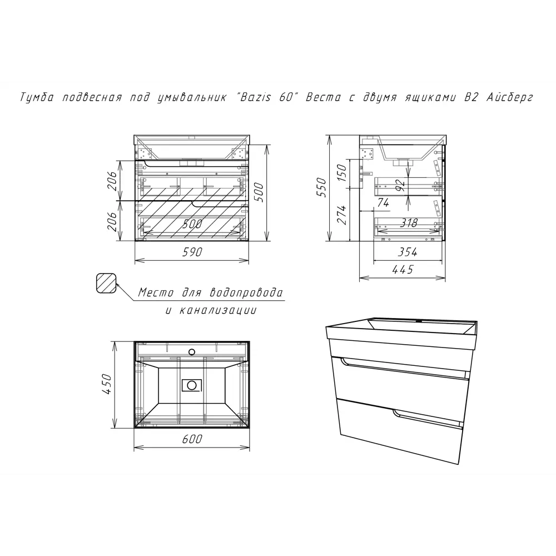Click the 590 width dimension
coord(192,252)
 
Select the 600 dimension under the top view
coord(192,439)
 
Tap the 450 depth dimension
coord(106,383)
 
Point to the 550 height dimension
coord(321,187)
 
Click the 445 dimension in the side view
coord(403,270)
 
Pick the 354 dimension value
coord(408,252)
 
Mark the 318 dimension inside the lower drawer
coord(409,223)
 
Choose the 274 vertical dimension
coord(341,215)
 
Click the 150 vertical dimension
coord(341,173)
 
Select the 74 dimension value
coord(383,202)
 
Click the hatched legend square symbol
coord(106,284)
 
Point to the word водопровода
coord(246,293)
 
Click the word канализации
coord(218,311)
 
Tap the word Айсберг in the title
coord(509,97)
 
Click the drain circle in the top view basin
coord(192,385)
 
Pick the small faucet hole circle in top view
coord(192,352)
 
